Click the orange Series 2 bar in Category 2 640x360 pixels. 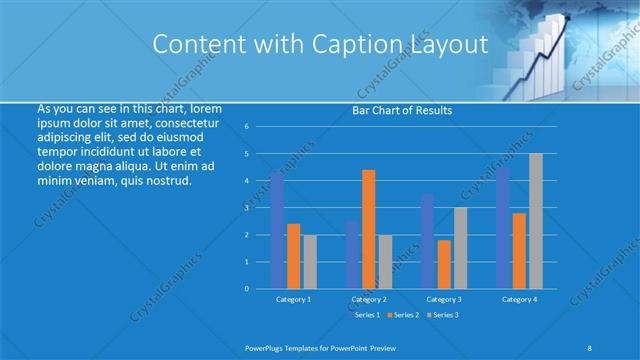(368, 229)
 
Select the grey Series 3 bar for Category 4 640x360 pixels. (536, 221)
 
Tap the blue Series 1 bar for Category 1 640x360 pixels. (277, 230)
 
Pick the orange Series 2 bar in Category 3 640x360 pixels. (444, 264)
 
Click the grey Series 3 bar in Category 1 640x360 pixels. (310, 262)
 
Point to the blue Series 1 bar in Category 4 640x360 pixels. (503, 228)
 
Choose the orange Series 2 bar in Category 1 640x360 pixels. (293, 256)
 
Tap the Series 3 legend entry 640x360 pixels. (444, 315)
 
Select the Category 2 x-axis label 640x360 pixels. (368, 299)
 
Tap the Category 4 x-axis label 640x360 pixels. (519, 299)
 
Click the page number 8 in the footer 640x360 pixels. (590, 347)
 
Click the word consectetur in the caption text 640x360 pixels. (189, 122)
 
